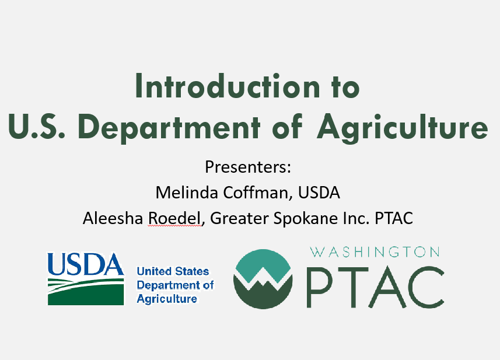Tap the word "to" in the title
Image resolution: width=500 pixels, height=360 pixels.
click(x=345, y=87)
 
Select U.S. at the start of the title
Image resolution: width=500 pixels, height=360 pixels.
click(x=37, y=126)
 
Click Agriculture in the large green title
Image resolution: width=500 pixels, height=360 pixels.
click(x=402, y=128)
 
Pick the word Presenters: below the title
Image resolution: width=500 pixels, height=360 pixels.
click(x=248, y=167)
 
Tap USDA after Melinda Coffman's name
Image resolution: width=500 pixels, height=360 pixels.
click(x=319, y=193)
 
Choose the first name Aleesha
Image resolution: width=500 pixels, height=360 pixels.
click(x=113, y=218)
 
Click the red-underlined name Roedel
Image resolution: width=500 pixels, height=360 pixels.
click(x=174, y=218)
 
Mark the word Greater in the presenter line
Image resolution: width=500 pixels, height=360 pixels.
click(x=239, y=219)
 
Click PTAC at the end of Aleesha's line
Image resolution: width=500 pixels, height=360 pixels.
click(x=394, y=218)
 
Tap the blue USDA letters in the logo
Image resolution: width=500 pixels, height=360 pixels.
click(x=85, y=264)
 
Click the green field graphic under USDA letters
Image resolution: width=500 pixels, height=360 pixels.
click(x=86, y=292)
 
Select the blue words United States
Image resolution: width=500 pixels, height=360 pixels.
click(x=173, y=271)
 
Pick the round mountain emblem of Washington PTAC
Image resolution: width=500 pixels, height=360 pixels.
click(x=263, y=279)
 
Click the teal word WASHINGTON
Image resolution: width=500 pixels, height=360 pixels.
click(x=375, y=252)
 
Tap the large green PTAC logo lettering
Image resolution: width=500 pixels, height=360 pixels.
click(x=375, y=286)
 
